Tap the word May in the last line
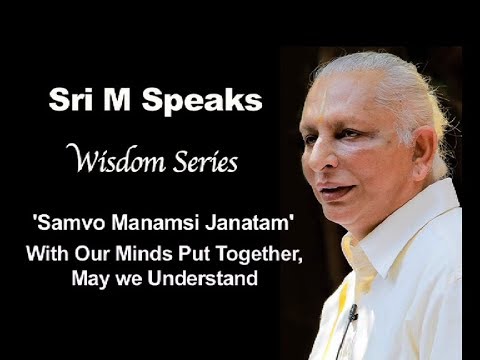[x=89, y=278]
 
